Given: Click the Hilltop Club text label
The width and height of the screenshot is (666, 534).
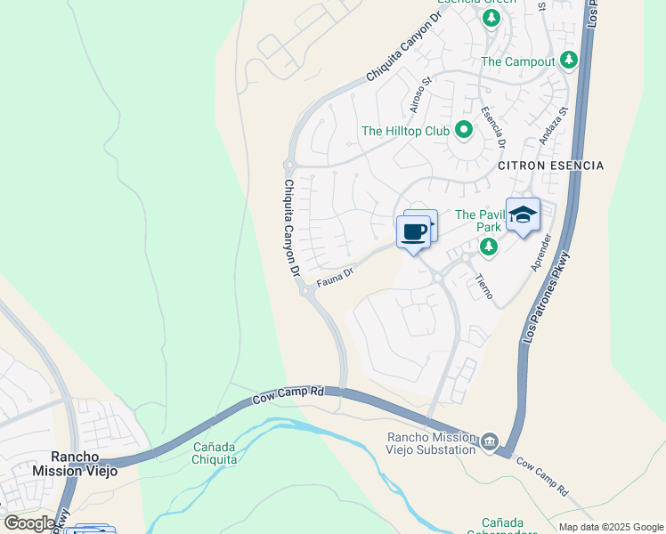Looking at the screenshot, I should (405, 131).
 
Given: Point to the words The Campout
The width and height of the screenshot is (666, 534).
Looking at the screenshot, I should (518, 62).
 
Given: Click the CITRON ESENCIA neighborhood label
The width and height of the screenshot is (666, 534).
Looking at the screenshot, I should (551, 166).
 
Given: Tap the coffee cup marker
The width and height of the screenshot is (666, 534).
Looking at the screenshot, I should (413, 232).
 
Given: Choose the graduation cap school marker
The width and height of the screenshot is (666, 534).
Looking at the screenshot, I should (524, 215).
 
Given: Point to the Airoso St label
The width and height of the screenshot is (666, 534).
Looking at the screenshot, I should (420, 93).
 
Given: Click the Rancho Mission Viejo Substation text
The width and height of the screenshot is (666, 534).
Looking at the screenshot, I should (431, 442).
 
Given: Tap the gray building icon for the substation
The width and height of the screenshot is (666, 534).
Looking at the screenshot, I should (489, 442).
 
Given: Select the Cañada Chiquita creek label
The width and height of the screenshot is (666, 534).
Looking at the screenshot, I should (214, 452).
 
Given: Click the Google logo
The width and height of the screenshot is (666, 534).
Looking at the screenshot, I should (29, 523).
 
